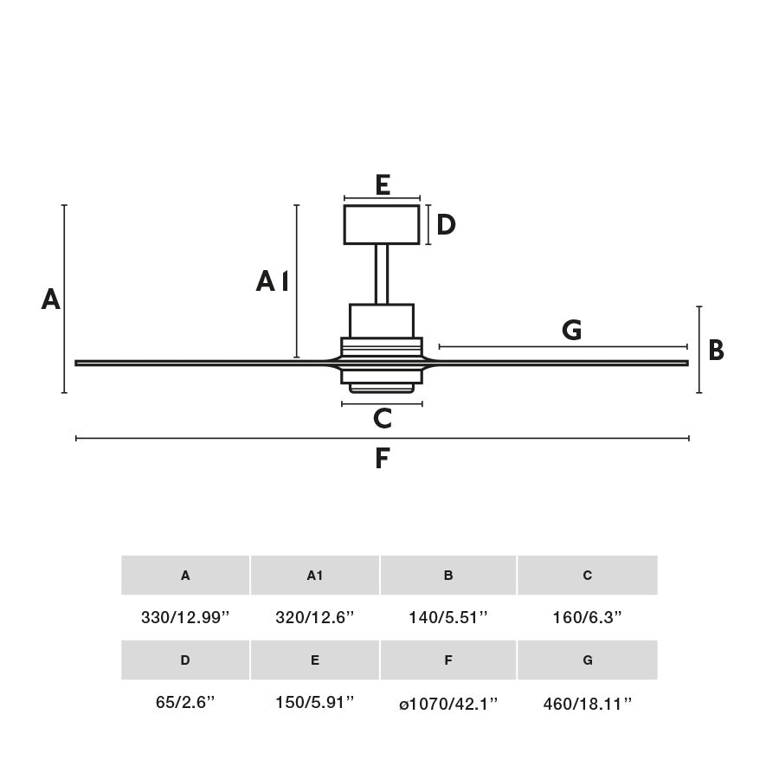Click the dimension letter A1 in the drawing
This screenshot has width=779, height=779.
272,281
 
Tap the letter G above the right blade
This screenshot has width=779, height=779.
571,331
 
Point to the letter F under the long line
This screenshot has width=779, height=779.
383,459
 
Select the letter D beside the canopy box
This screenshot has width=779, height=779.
446,225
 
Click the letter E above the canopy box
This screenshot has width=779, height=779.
383,184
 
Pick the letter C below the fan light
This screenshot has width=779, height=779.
383,419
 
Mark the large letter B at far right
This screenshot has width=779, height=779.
716,351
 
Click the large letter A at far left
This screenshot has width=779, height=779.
51,299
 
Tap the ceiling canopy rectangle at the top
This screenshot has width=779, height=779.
382,224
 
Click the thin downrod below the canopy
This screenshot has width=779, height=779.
382,274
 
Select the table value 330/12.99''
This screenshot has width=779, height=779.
185,618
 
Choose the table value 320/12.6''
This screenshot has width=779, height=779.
315,618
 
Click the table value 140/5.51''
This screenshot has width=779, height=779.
448,618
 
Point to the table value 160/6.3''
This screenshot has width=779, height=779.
588,618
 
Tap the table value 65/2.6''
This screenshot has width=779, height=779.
185,703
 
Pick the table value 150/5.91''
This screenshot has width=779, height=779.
315,703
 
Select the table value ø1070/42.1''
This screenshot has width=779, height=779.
448,704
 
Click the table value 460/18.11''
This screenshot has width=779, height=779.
588,704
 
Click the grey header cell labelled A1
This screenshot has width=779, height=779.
315,576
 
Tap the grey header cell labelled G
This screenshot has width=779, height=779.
588,660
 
